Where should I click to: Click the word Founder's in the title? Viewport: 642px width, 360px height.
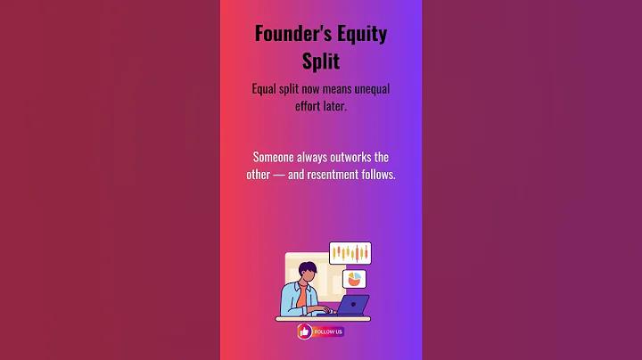287,33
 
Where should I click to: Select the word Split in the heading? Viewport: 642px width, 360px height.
321,61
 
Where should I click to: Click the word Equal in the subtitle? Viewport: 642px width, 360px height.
264,89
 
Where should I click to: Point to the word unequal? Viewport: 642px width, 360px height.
372,89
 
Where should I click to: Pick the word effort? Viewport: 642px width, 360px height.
308,106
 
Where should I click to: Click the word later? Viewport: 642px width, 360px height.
335,106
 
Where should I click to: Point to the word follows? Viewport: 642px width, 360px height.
378,175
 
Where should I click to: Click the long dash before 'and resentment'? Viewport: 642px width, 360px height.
279,175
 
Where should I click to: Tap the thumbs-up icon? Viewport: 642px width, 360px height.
305,331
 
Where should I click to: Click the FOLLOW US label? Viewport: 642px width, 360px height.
328,331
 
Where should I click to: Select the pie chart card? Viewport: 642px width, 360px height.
354,279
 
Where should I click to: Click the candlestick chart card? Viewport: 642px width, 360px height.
350,253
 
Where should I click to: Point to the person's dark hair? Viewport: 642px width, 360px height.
307,268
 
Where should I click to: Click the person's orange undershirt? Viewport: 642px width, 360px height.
301,295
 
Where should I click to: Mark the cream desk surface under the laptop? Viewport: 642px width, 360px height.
323,319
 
